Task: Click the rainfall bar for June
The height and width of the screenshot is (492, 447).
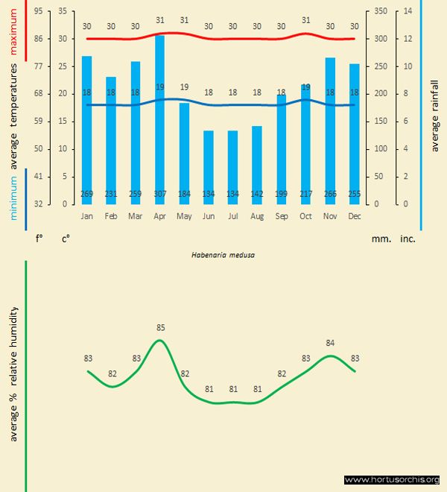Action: (x=208, y=168)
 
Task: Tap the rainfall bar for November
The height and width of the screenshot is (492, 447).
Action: (x=329, y=130)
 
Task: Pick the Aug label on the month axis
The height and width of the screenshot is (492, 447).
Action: (x=257, y=215)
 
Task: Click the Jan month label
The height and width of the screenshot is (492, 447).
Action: (x=86, y=215)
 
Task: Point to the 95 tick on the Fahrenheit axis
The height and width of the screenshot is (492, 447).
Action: (x=38, y=11)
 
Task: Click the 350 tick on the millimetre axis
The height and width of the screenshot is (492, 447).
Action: (x=381, y=11)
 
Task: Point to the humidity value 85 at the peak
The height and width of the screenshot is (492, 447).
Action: (x=160, y=327)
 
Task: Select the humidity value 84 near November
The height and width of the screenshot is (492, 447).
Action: (x=331, y=343)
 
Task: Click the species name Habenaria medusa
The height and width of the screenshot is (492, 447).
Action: (x=223, y=254)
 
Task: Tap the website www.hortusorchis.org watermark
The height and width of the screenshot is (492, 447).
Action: (x=392, y=479)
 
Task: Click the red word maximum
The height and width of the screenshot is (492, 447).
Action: (x=14, y=34)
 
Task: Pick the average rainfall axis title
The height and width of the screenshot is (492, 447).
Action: (x=435, y=119)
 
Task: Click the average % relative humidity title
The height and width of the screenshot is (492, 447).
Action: (x=14, y=373)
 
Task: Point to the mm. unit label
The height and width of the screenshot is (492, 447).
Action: (x=381, y=239)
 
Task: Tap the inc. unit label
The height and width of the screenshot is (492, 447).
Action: (x=408, y=239)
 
